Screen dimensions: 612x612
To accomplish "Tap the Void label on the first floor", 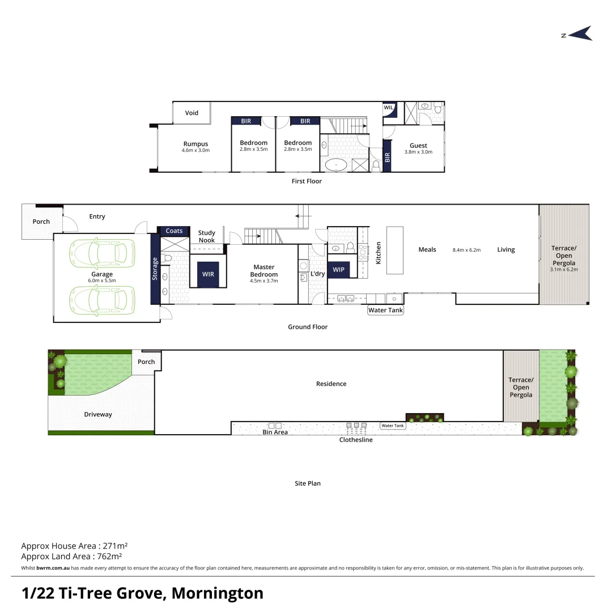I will click(x=192, y=113).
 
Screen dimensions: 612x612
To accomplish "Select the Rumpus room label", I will click(x=195, y=144).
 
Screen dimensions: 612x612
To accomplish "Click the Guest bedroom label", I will click(x=418, y=146).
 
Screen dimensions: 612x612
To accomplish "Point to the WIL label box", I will click(x=389, y=107).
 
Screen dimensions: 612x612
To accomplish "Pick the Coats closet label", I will click(x=174, y=231).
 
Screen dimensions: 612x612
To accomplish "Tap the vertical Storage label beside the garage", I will click(x=155, y=269).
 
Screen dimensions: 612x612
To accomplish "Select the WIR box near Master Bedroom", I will click(x=208, y=274).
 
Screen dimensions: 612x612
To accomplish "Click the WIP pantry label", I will click(x=338, y=270).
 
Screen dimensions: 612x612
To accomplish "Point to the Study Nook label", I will click(x=206, y=236).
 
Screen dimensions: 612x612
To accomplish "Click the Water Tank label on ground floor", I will click(x=385, y=310).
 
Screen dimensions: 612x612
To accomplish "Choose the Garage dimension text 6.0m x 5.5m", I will click(x=102, y=280).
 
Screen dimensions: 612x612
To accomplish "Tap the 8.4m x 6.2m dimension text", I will click(x=466, y=250).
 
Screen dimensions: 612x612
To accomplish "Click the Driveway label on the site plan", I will click(x=98, y=414).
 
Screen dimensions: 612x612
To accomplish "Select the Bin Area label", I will click(x=275, y=432).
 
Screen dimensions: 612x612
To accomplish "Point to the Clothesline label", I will click(x=356, y=440).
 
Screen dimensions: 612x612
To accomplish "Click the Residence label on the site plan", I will click(x=331, y=384).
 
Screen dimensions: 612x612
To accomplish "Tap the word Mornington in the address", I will click(x=217, y=593).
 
